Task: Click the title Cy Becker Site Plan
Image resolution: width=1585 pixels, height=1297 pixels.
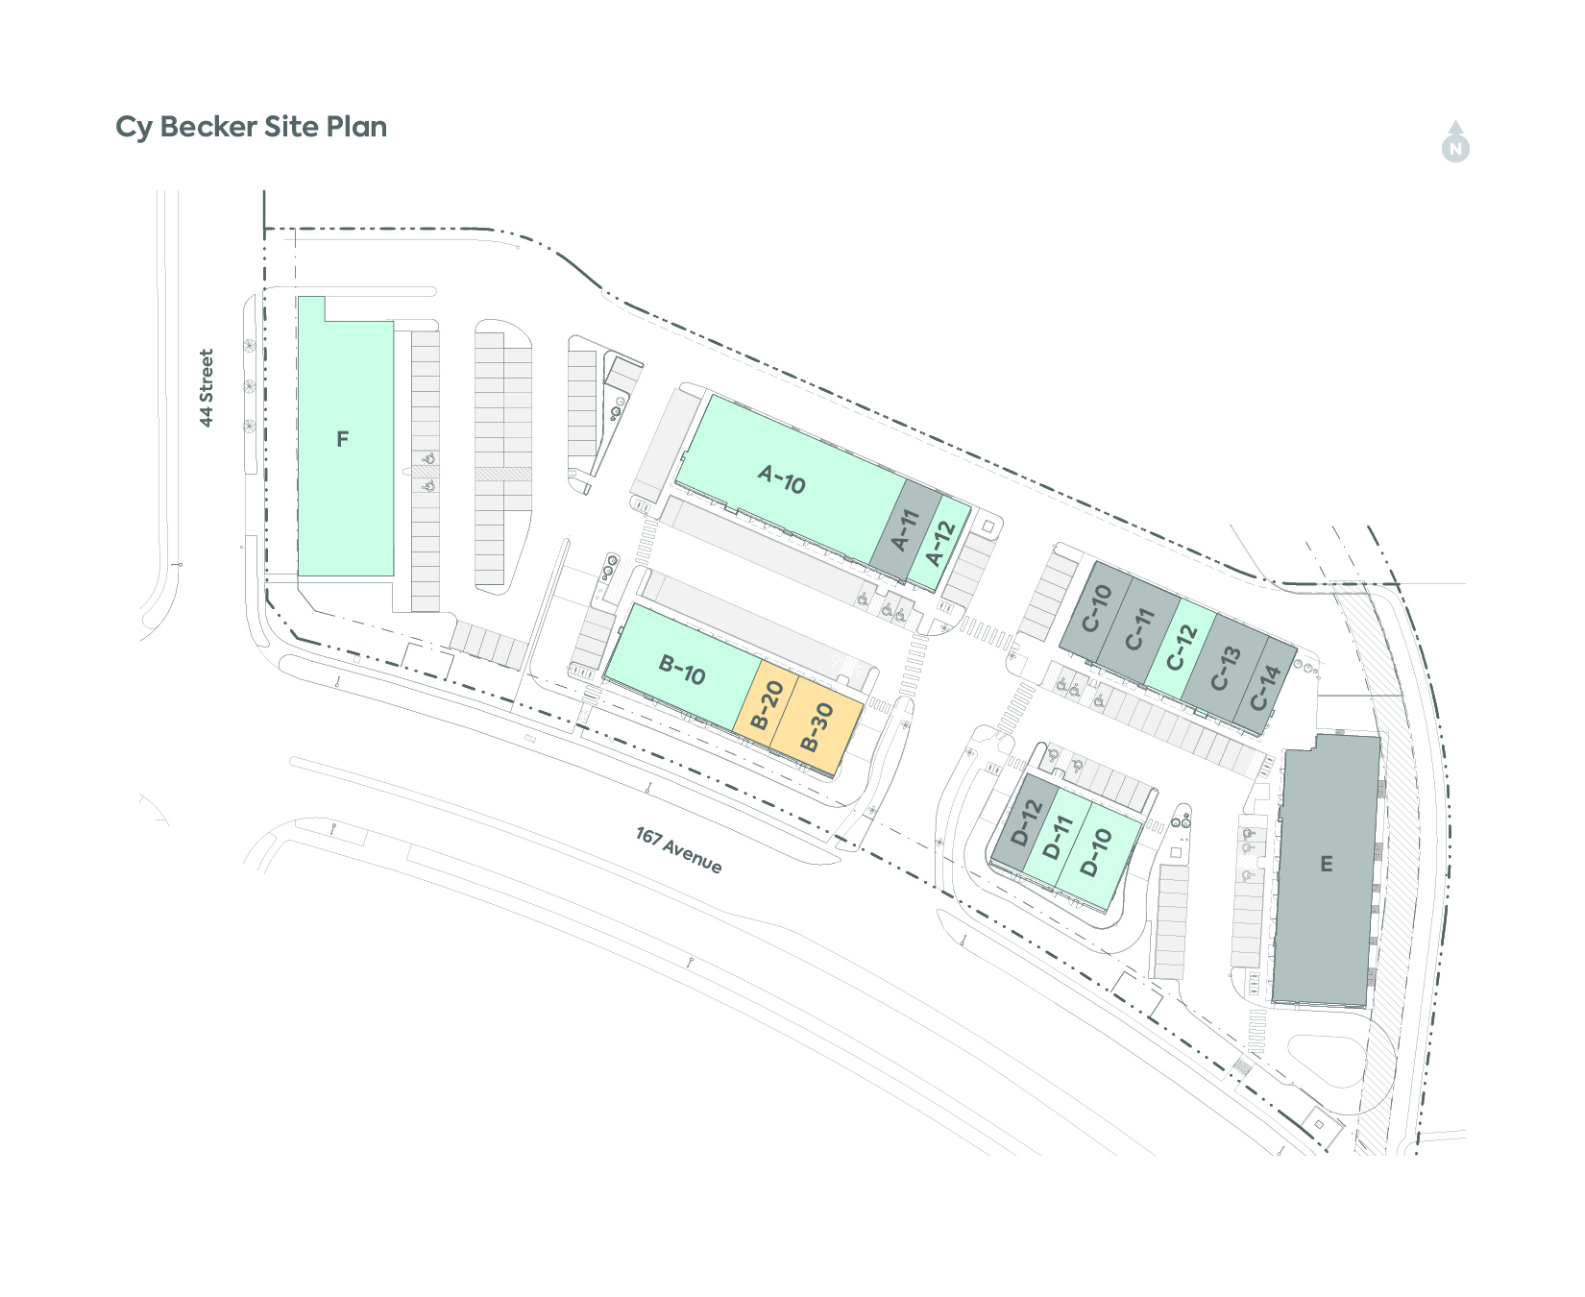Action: coord(251,128)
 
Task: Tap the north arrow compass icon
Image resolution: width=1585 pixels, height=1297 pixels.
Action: coord(1455,142)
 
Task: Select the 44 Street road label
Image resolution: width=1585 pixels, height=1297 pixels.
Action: coord(206,388)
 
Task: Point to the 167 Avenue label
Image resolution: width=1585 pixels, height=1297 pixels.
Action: coord(678,849)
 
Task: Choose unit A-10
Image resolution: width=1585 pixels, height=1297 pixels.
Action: coord(790,476)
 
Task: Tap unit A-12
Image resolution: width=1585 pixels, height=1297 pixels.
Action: coord(939,544)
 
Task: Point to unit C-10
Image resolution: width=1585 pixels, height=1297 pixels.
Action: coord(1095,609)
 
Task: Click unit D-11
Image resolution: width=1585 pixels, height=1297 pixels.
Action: coord(1057,837)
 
